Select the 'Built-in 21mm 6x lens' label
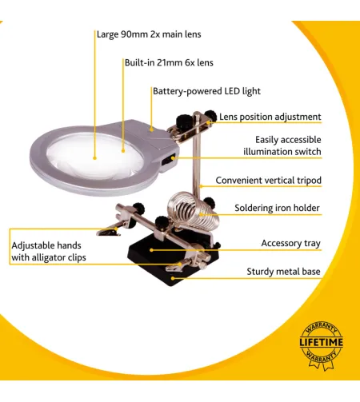168,62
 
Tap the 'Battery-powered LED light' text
206,91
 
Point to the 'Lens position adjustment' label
270,117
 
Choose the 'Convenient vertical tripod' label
268,181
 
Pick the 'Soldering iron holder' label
277,208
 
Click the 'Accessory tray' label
290,243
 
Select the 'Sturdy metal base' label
283,272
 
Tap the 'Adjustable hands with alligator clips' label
49,251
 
